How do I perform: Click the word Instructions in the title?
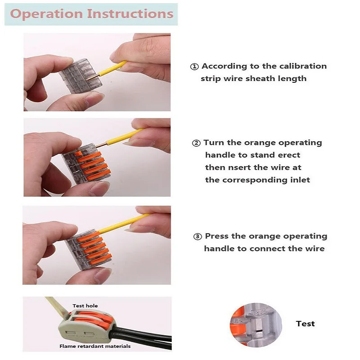coord(130,13)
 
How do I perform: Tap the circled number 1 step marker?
coord(194,67)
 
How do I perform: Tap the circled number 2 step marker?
coord(196,143)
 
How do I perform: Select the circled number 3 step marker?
coord(198,236)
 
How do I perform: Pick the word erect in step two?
coord(288,155)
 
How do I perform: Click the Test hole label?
coord(85,306)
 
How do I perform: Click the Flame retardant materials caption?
coord(95,346)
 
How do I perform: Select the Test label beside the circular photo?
coord(305,324)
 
